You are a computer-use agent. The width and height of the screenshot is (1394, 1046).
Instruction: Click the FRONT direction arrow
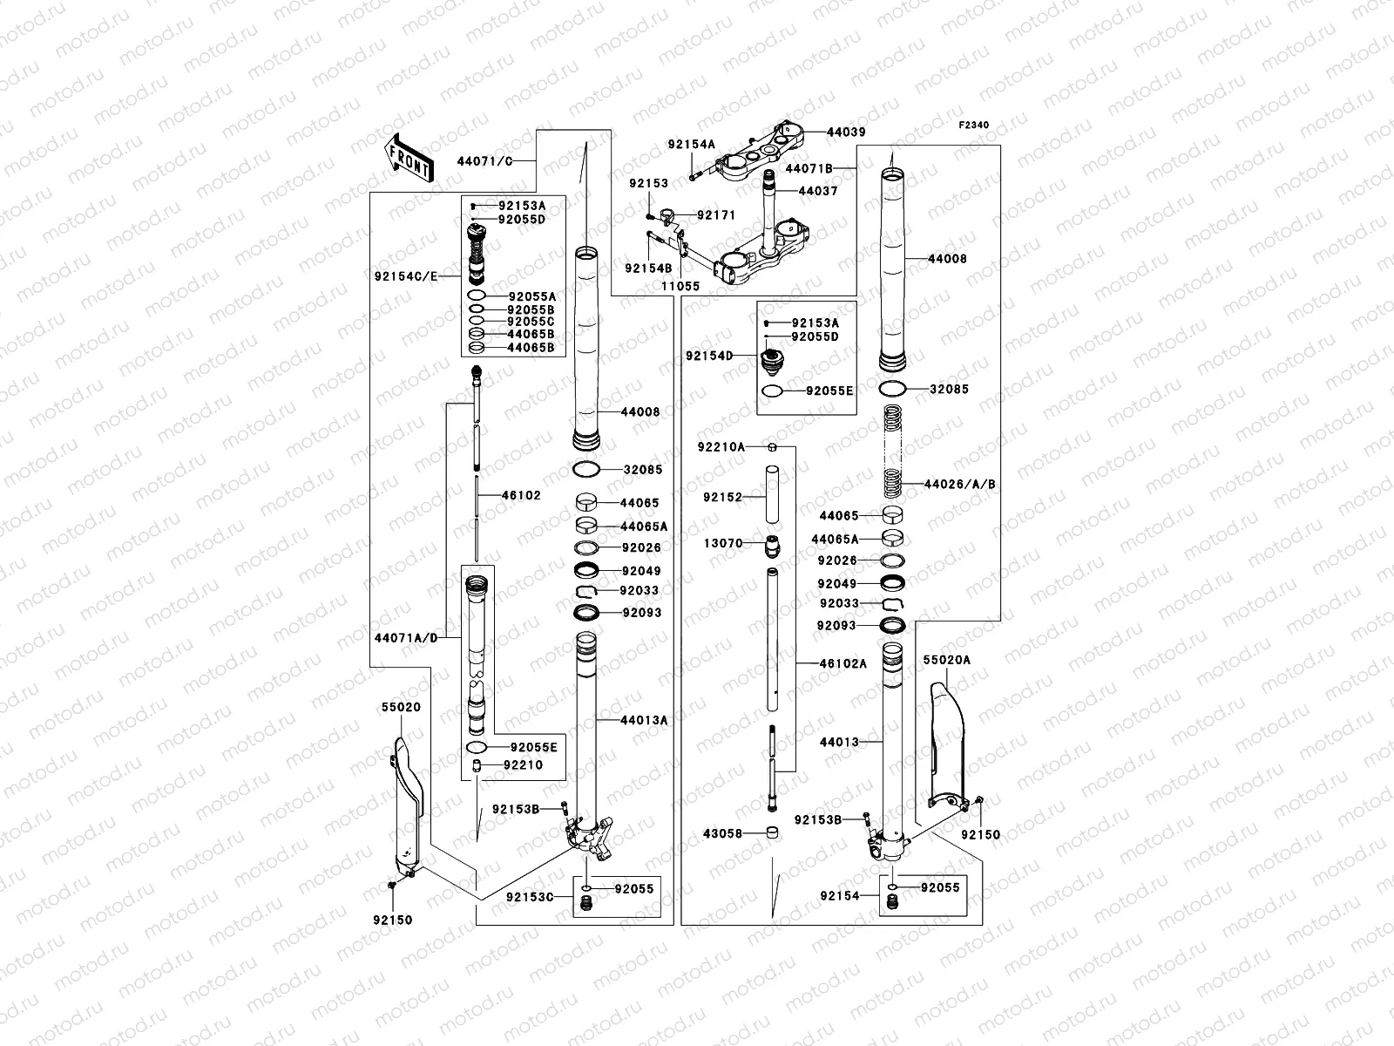[x=407, y=159]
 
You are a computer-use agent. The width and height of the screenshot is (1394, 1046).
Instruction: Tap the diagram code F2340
[x=974, y=126]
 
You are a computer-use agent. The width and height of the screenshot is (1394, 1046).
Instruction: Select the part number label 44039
[x=846, y=132]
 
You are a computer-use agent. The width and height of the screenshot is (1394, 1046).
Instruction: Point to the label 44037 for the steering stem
[x=817, y=191]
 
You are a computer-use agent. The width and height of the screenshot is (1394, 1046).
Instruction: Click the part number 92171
[x=716, y=214]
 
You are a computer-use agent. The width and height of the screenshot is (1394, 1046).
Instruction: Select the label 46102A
[x=843, y=663]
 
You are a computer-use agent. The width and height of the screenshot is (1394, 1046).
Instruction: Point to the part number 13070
[x=723, y=543]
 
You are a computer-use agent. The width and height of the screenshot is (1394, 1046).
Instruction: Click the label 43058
[x=722, y=833]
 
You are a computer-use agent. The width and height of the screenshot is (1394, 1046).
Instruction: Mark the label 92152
[x=722, y=498]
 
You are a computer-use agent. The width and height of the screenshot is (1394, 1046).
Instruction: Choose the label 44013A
[x=644, y=720]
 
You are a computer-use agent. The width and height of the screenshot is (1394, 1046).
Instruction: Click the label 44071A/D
[x=403, y=638]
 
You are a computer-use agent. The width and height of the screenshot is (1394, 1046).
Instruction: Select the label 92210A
[x=721, y=447]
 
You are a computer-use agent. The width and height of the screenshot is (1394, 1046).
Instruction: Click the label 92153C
[x=530, y=896]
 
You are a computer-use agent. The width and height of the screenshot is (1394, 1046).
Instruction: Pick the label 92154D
[x=709, y=356]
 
